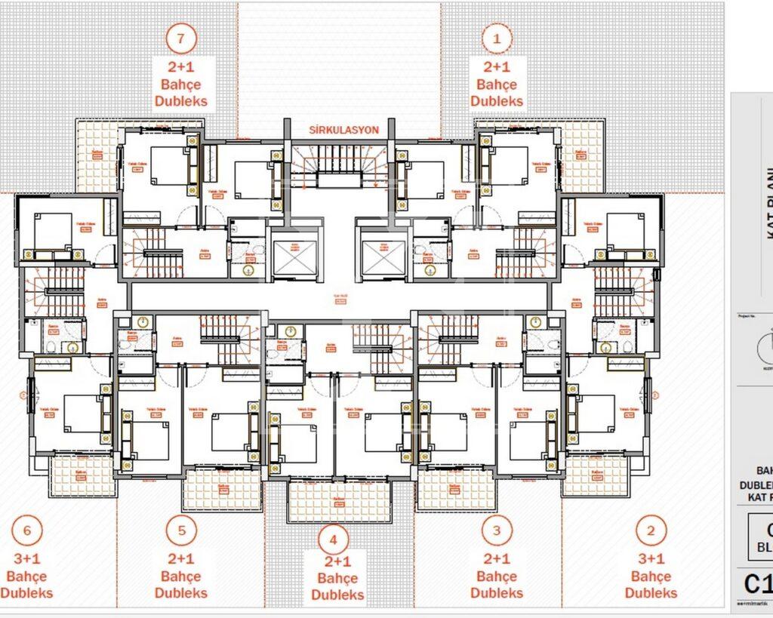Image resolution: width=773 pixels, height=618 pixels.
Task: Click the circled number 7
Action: click(181, 37)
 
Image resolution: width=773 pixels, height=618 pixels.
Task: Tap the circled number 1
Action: click(496, 37)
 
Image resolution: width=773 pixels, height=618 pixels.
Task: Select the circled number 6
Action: click(26, 530)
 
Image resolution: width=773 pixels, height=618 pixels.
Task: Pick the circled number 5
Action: click(181, 530)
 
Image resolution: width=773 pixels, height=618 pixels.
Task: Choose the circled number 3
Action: click(496, 530)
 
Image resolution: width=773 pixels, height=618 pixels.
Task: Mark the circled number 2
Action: click(651, 530)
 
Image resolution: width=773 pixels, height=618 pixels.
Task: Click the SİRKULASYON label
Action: click(343, 130)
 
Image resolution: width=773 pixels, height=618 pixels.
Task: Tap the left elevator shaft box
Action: click(291, 257)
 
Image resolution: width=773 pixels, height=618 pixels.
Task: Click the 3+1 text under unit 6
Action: click(26, 558)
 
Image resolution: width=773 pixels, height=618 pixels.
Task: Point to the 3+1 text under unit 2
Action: click(651, 558)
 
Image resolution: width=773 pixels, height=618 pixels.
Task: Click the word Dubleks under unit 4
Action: click(337, 595)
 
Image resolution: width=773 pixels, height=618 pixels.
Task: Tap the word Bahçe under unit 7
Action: click(181, 85)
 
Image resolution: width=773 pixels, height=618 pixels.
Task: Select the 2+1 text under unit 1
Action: click(496, 66)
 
